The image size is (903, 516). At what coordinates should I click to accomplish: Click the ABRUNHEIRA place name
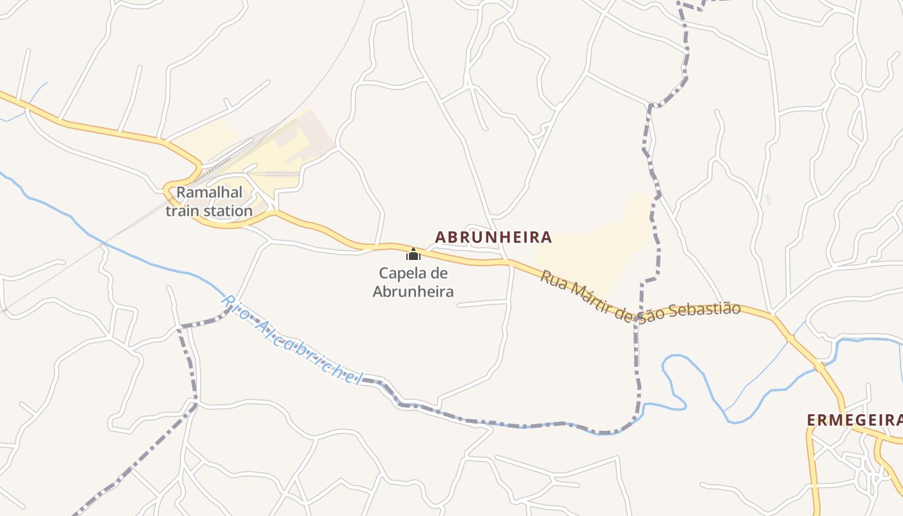pos(493,237)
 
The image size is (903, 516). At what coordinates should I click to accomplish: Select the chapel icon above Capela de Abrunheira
pos(413,254)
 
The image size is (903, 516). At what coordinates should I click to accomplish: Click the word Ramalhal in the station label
pos(201,192)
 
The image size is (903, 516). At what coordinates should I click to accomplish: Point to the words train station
pos(209,211)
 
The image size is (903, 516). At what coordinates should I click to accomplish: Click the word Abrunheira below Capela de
pos(413,292)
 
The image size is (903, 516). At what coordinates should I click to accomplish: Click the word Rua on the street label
pos(552,279)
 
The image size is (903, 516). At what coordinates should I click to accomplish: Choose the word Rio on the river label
pos(234,307)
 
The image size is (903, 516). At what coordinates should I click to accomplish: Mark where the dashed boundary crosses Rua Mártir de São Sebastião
pos(637,319)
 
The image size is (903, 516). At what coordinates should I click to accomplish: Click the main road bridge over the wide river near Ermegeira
pos(820,367)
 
